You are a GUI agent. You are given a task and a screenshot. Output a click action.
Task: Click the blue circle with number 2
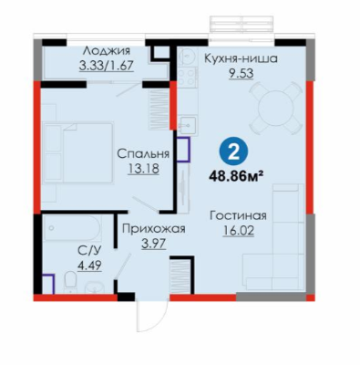(x=233, y=152)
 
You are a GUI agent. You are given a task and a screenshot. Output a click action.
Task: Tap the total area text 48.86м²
(x=236, y=176)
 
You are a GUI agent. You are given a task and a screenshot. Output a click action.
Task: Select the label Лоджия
(x=107, y=51)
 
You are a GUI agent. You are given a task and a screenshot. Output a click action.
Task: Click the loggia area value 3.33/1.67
(x=107, y=66)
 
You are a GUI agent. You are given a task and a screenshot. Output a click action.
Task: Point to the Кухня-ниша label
(x=241, y=58)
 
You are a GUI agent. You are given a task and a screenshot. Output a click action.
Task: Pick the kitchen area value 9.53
(x=241, y=74)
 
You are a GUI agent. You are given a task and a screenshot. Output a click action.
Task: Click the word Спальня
(x=143, y=153)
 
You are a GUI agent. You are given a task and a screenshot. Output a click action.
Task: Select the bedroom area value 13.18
(x=143, y=169)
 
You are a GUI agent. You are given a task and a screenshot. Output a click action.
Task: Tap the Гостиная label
(x=238, y=216)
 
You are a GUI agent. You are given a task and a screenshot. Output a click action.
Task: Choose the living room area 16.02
(x=238, y=231)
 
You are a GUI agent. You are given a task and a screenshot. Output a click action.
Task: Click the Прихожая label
(x=153, y=228)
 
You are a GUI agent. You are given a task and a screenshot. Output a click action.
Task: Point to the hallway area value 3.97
(x=154, y=244)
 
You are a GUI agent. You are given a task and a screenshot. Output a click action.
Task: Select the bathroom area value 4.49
(x=89, y=266)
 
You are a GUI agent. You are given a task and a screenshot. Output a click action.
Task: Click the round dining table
(x=276, y=108)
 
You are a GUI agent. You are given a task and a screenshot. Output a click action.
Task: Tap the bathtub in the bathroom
(x=72, y=228)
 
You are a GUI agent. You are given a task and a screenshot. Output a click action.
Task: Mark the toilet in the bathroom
(x=71, y=279)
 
